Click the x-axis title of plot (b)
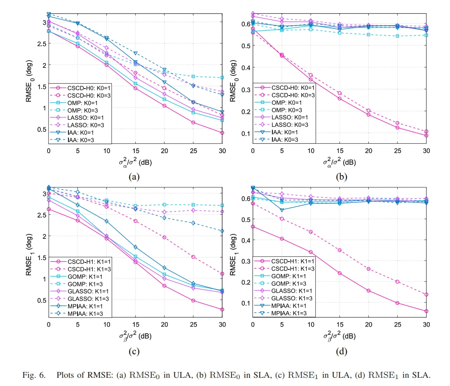click(340, 162)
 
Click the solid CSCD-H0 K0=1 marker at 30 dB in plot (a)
click(222, 133)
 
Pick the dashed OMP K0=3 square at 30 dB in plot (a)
click(222, 77)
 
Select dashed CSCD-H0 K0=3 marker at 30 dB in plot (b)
click(426, 131)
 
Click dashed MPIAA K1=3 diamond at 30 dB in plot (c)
click(222, 231)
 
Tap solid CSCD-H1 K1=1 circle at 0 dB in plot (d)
click(253, 226)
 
